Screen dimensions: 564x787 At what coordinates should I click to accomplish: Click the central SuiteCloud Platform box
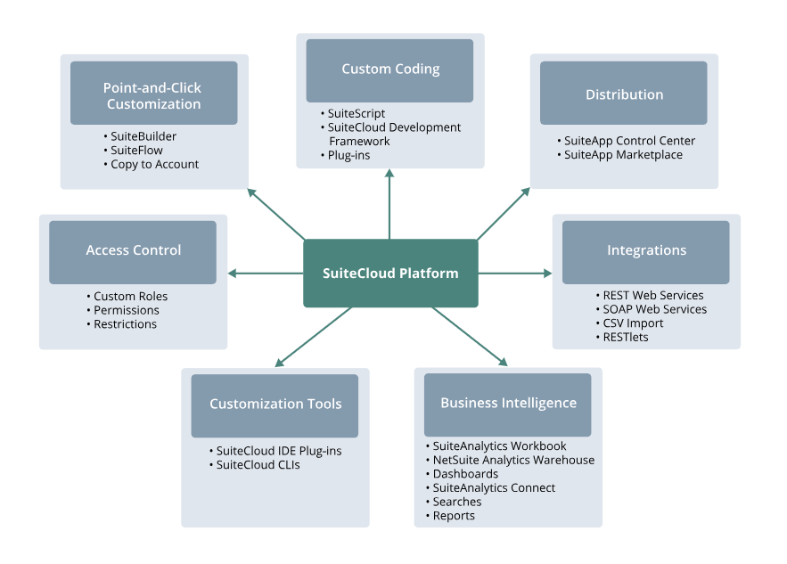[390, 274]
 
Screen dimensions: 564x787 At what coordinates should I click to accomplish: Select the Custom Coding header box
[390, 69]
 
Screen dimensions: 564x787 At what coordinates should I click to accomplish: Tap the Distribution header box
[624, 94]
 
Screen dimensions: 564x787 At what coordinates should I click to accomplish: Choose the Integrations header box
[646, 251]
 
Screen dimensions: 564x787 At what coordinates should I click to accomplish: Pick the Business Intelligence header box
[508, 404]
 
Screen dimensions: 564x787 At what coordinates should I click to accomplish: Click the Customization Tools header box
[275, 405]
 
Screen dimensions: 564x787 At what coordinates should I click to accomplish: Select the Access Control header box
[133, 251]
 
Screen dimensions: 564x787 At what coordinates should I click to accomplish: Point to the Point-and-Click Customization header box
[153, 94]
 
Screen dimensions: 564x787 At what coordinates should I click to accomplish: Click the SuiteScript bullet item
[357, 114]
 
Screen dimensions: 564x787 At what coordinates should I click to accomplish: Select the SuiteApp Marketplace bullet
[623, 155]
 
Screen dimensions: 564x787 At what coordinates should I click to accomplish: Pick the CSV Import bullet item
[633, 323]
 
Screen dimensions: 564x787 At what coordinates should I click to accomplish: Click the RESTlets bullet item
[626, 338]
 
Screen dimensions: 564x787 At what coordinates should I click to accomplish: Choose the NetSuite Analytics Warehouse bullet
[513, 461]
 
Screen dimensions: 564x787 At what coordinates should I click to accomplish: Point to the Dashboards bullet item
[465, 474]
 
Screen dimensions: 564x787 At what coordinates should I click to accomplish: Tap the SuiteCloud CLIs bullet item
[258, 465]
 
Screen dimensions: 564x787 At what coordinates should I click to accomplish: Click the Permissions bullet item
[127, 310]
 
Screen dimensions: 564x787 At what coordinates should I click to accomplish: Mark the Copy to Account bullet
[154, 165]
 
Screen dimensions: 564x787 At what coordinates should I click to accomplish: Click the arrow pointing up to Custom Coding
[389, 205]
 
